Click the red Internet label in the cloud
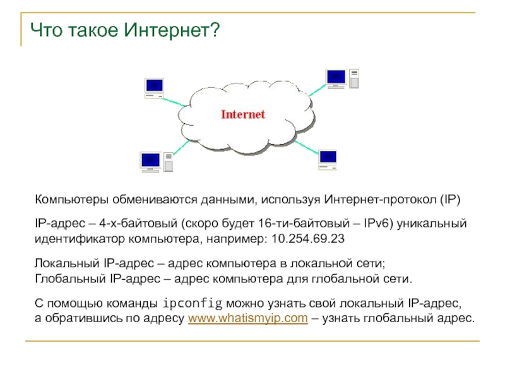click(x=243, y=114)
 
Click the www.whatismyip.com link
click(x=248, y=318)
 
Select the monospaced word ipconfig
click(x=193, y=304)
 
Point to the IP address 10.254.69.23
click(x=308, y=239)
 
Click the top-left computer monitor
click(x=154, y=85)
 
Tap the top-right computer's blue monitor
click(x=336, y=76)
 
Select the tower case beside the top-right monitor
click(x=354, y=78)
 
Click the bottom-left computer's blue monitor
click(x=150, y=160)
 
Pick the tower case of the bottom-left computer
click(x=169, y=162)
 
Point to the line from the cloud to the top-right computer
click(x=318, y=90)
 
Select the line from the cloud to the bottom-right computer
click(x=306, y=147)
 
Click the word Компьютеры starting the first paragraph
click(x=71, y=200)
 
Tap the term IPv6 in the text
click(x=376, y=224)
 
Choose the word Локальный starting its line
click(x=67, y=263)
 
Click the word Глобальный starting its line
click(x=70, y=279)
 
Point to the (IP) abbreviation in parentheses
click(x=450, y=200)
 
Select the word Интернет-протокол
click(x=381, y=200)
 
